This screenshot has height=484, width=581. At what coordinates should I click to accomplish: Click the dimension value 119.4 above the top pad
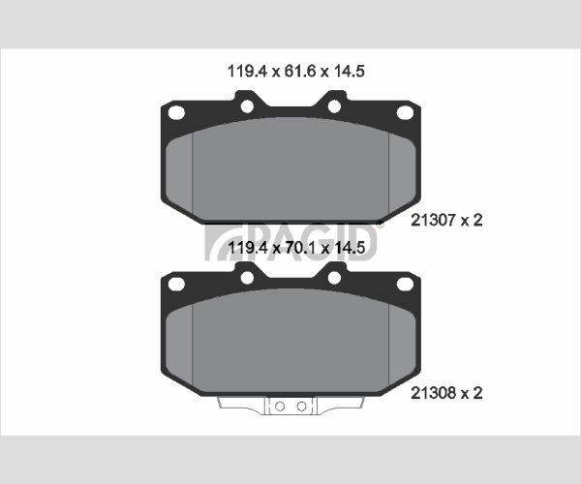tap(247, 71)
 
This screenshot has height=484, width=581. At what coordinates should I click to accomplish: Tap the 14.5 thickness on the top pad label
tap(350, 71)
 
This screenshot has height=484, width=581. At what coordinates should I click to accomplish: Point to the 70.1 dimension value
tap(300, 248)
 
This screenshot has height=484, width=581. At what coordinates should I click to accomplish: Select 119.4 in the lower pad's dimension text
tap(248, 248)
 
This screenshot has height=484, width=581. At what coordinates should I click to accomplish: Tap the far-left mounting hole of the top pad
tap(176, 112)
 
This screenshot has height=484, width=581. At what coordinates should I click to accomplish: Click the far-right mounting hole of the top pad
tap(405, 112)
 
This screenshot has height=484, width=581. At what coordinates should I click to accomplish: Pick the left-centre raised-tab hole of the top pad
tap(247, 106)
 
